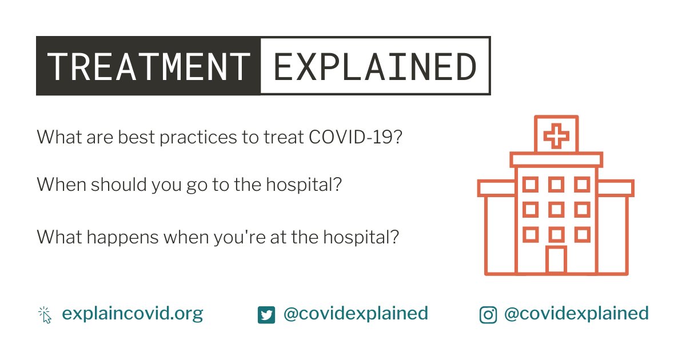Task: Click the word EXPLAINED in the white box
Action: pos(374,66)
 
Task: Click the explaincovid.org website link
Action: pos(132,314)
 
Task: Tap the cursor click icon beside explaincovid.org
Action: pos(45,314)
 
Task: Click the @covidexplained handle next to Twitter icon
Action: pos(355,314)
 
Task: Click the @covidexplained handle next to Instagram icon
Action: pos(576,314)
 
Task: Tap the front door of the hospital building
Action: pos(556,260)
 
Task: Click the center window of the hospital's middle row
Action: pos(556,210)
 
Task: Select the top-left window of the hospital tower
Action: pos(531,185)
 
